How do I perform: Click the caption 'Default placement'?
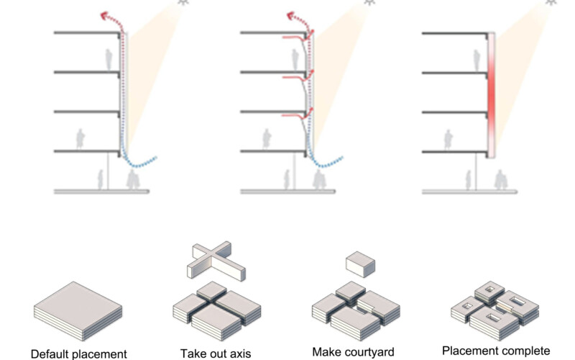[78, 353]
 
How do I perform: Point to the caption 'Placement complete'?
[495, 351]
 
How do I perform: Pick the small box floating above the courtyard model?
[360, 264]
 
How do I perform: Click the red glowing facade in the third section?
[493, 94]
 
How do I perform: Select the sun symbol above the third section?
[552, 2]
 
